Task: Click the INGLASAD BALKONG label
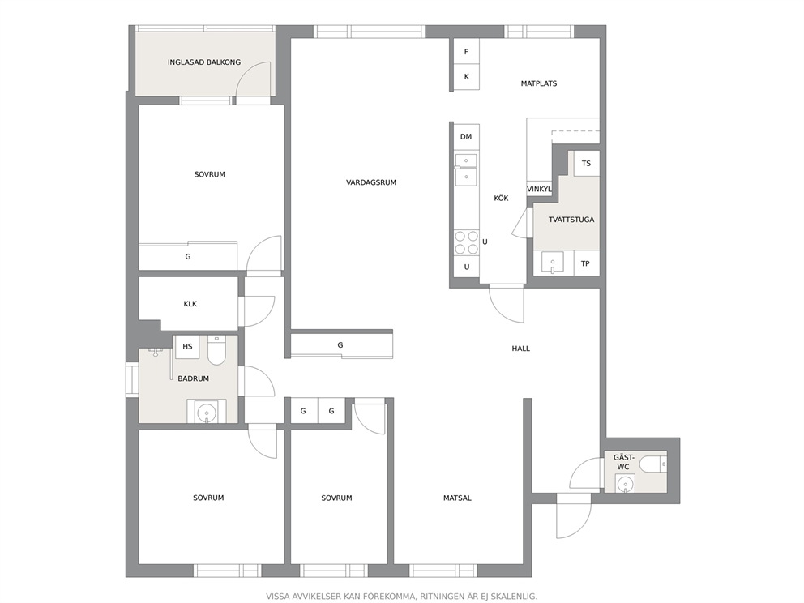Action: [x=204, y=62]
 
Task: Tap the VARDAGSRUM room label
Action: [x=371, y=182]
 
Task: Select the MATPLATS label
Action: [x=539, y=83]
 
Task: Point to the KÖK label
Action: [x=501, y=198]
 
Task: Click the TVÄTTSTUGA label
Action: [x=571, y=220]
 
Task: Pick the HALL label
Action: [x=521, y=349]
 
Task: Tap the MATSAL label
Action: [x=457, y=498]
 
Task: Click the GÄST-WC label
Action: [x=623, y=462]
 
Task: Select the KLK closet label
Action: [x=190, y=304]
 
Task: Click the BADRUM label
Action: [x=194, y=378]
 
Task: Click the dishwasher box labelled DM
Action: [x=466, y=136]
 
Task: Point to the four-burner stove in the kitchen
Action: [x=466, y=242]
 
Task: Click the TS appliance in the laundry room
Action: [x=587, y=163]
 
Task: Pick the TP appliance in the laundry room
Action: [x=585, y=263]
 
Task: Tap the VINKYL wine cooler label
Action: [x=539, y=189]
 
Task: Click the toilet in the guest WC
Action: [x=653, y=464]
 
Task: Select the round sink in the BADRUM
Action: [x=207, y=411]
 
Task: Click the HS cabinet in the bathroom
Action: [x=188, y=347]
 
